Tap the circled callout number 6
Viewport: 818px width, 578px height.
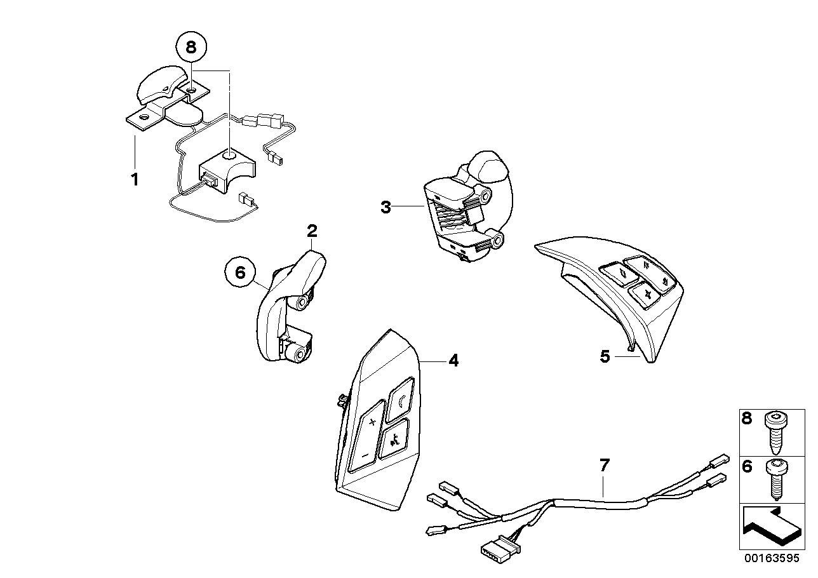240,272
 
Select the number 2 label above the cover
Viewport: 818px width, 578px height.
312,231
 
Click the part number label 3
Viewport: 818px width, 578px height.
386,207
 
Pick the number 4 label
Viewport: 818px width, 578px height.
453,361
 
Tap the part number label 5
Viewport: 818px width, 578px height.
605,356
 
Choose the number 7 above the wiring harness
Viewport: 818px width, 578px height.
604,466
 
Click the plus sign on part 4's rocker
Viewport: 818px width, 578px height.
373,422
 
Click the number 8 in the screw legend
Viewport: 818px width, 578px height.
747,419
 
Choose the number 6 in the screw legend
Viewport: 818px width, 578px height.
747,467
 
